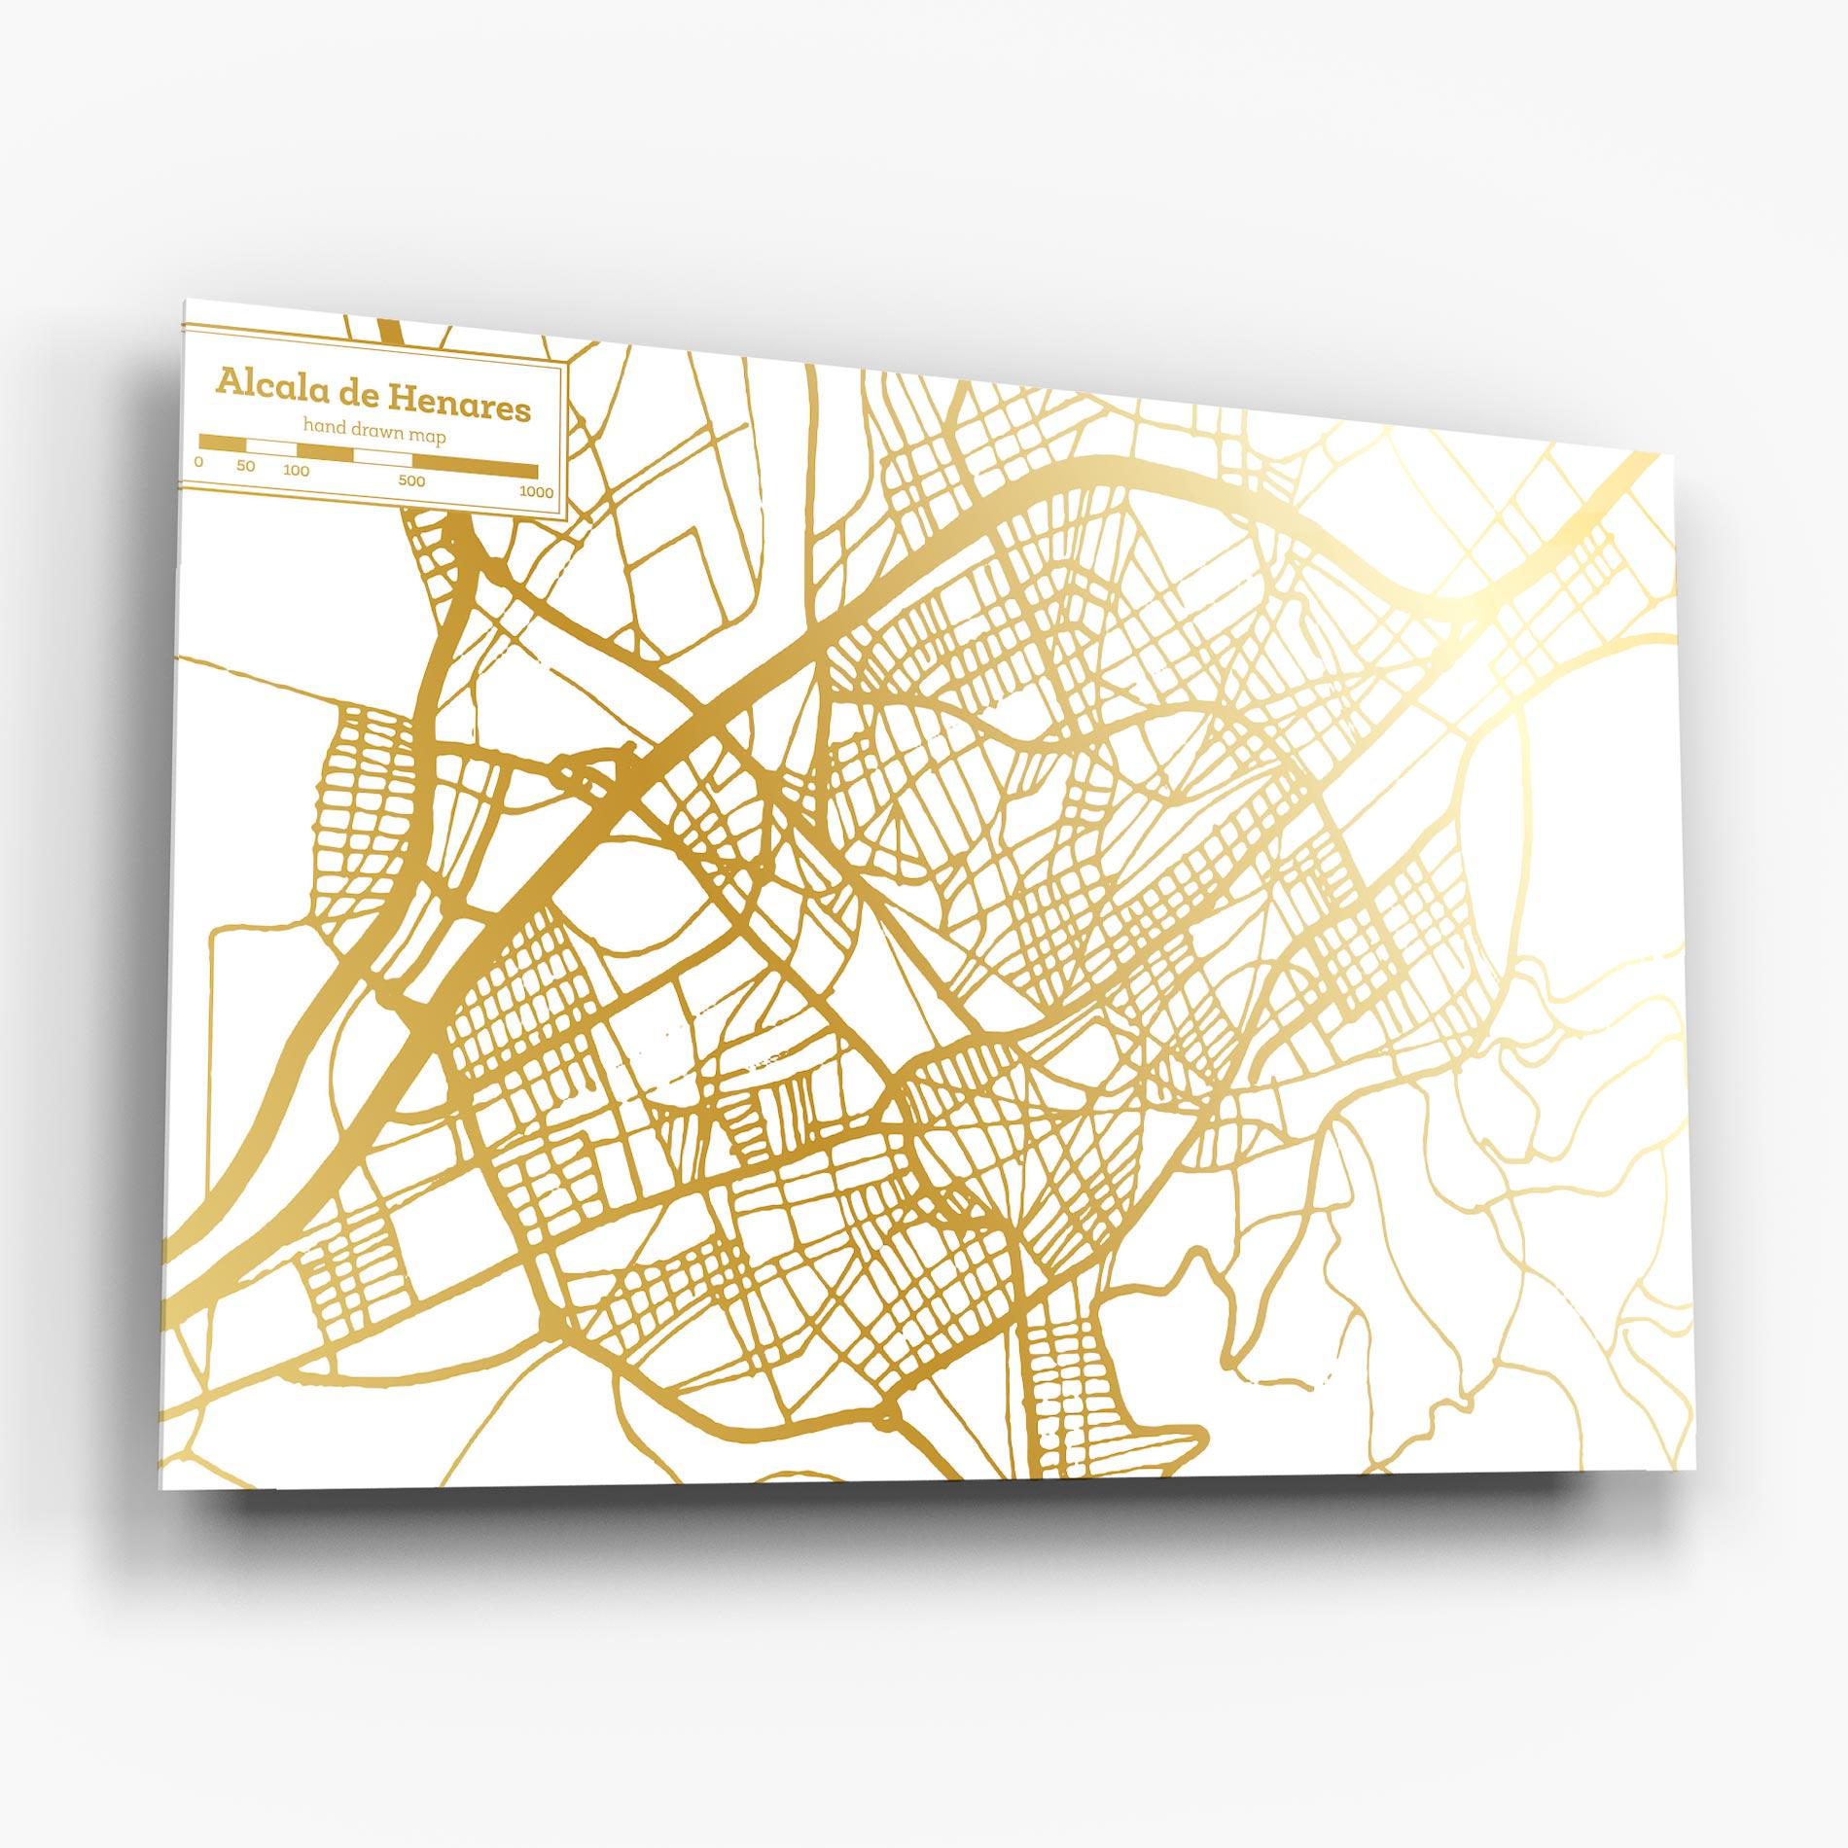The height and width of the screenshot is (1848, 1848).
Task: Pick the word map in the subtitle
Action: (428, 438)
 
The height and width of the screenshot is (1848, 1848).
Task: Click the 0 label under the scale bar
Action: (198, 462)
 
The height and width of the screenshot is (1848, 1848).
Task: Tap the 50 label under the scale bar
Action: (245, 466)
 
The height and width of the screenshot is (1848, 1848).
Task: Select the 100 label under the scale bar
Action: (297, 471)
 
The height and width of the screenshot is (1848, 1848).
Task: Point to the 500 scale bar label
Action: (411, 480)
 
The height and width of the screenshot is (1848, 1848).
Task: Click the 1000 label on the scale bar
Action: (536, 492)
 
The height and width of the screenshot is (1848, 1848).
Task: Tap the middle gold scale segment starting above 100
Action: (325, 452)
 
